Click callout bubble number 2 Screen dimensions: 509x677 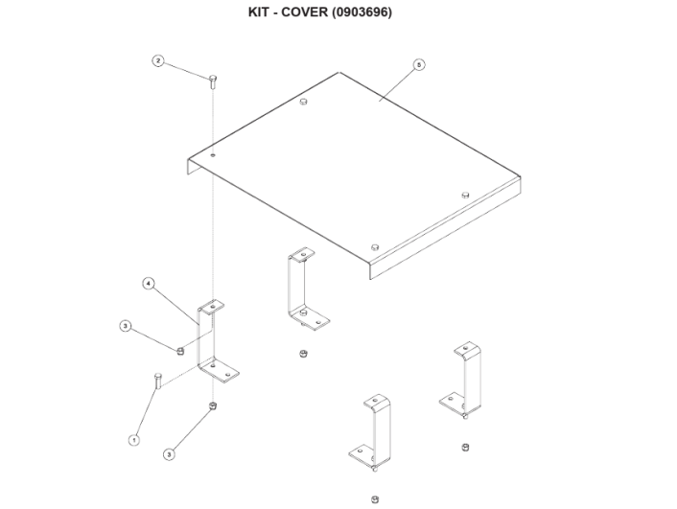point(159,61)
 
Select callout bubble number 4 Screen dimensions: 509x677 point(149,284)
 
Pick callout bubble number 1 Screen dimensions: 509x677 point(134,439)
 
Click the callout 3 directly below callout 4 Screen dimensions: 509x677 point(126,327)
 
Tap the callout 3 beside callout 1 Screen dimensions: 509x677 point(169,453)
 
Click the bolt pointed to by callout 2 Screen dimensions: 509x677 point(212,79)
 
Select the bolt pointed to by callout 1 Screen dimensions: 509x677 point(156,381)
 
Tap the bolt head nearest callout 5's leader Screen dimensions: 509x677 point(303,101)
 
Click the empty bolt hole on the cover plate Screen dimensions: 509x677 point(214,153)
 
